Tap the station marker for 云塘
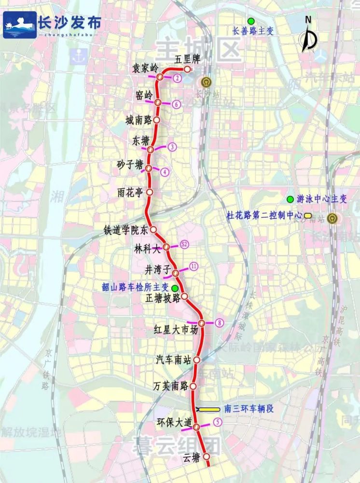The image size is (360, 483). pyautogui.click(x=207, y=456)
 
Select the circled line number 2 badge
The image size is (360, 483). pyautogui.click(x=177, y=78)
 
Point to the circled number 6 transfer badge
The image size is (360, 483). pyautogui.click(x=177, y=104)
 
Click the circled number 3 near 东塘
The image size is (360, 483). pyautogui.click(x=171, y=147)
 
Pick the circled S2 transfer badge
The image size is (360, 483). pyautogui.click(x=183, y=244)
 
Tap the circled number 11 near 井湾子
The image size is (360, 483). pyautogui.click(x=194, y=266)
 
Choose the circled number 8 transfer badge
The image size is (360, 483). pyautogui.click(x=220, y=323)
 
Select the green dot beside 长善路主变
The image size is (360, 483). pyautogui.click(x=250, y=21)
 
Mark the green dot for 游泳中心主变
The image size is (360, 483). pyautogui.click(x=290, y=199)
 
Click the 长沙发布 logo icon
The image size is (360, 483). pyautogui.click(x=19, y=25)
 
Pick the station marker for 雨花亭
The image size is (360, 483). pyautogui.click(x=150, y=192)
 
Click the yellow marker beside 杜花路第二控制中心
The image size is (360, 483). pyautogui.click(x=307, y=215)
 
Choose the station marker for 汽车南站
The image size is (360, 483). pyautogui.click(x=197, y=359)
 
